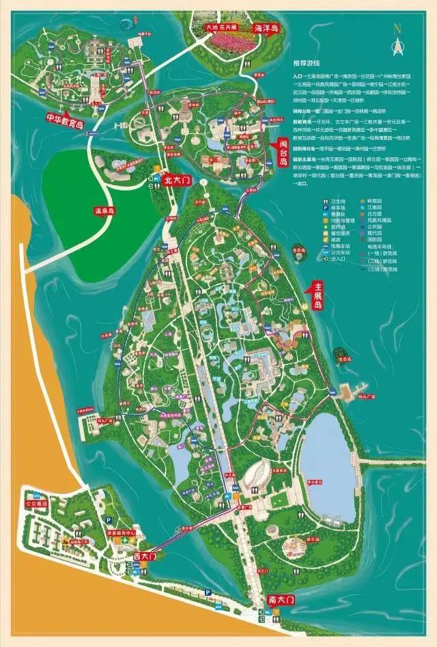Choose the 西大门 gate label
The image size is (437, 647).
[145, 557]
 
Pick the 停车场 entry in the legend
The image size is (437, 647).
[312, 202]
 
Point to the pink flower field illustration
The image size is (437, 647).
[225, 42]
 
